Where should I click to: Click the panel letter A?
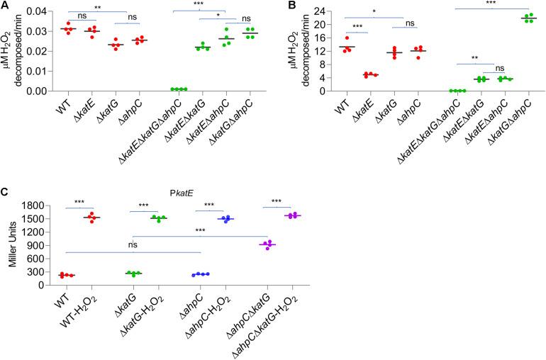tap(5, 6)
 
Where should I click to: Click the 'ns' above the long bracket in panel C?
tap(133, 246)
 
